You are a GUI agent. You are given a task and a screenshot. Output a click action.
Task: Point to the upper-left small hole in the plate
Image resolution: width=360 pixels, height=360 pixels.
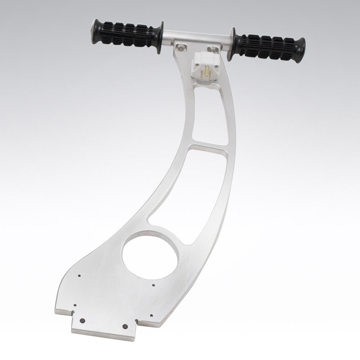tap(79, 275)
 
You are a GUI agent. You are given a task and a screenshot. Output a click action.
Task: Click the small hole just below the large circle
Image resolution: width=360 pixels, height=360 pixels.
tap(153, 285)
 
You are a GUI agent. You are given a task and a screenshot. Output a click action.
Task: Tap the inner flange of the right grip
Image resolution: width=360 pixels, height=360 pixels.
tap(235, 39)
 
